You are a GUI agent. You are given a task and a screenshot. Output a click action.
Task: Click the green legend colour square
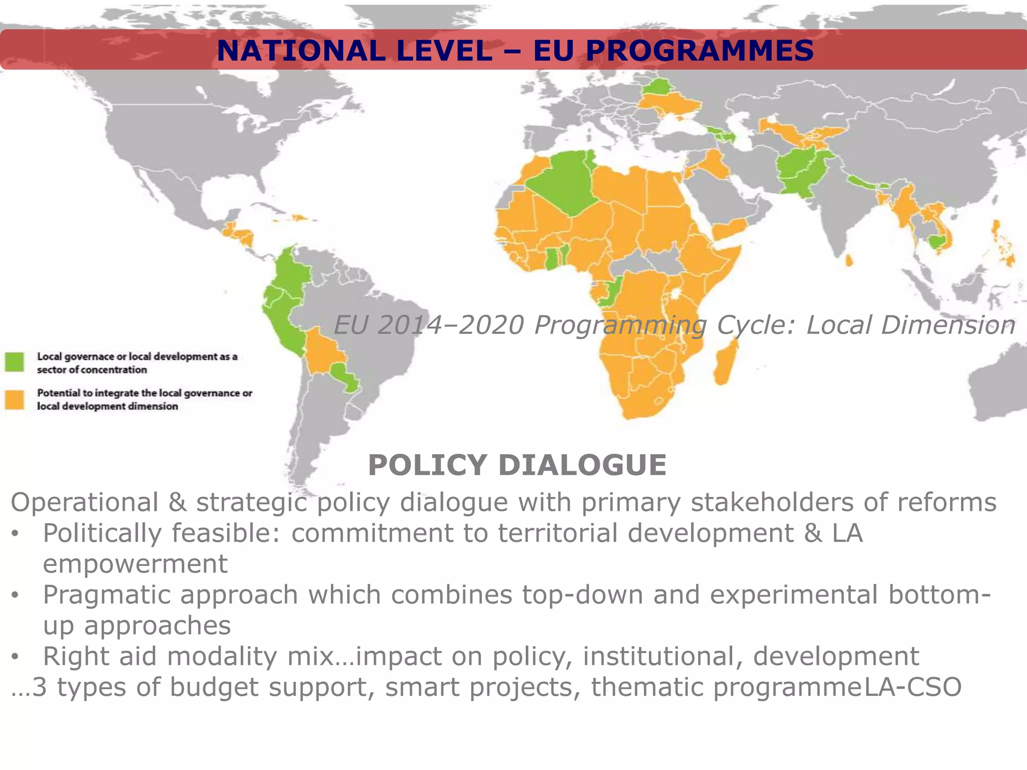15,362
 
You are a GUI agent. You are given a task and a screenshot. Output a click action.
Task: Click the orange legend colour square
15,400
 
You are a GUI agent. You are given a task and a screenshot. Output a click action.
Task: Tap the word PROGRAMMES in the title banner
699,51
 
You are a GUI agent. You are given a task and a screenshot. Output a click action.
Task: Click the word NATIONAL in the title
300,51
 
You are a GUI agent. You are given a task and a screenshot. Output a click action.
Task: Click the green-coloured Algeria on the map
562,180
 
